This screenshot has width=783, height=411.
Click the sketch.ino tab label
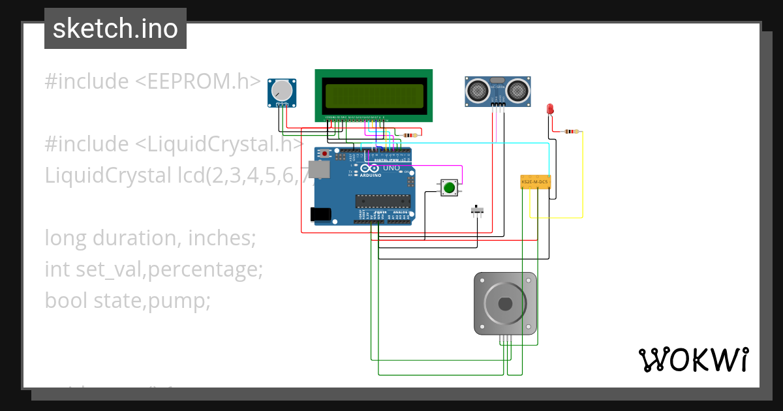115,29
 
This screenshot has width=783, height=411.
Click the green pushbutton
449,189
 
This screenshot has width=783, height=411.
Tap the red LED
550,108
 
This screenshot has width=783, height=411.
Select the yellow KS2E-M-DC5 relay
535,182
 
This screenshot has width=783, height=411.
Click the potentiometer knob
282,90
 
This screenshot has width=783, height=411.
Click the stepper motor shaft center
505,304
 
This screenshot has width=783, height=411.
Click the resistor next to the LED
572,132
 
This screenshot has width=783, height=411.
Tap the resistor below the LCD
410,136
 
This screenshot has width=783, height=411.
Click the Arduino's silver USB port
319,170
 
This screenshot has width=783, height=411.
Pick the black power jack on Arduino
320,213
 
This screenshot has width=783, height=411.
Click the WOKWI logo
694,359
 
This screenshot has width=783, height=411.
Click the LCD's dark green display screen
373,95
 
